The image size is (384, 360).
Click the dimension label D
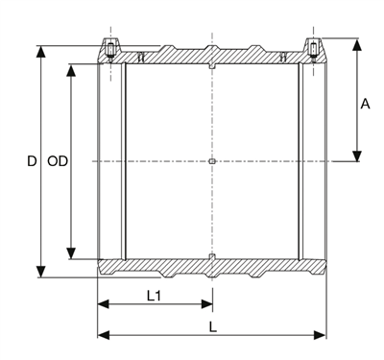pos(31,162)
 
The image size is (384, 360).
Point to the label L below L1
pos(212,325)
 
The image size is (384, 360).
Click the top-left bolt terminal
pos(111,49)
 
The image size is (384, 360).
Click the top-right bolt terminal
pos(313,49)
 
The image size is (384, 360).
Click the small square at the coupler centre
pos(211,161)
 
